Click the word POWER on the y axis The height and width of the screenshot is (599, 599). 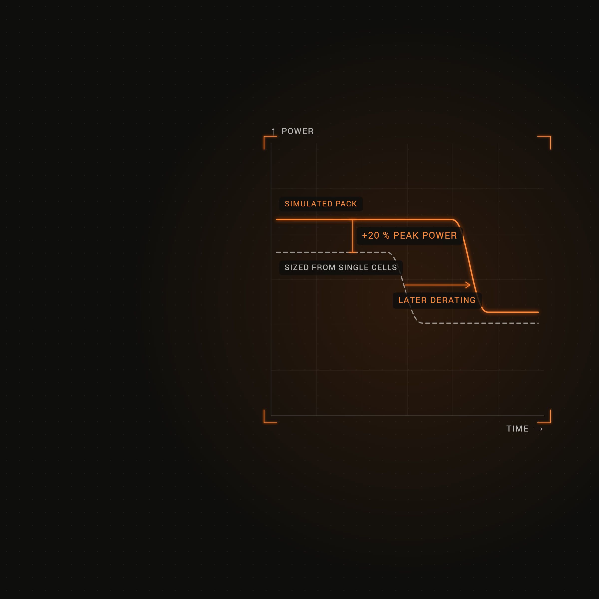click(x=297, y=131)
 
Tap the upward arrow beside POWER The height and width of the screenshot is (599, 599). click(x=273, y=132)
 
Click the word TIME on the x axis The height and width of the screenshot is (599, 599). click(x=517, y=429)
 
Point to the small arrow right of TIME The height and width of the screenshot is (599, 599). click(x=539, y=429)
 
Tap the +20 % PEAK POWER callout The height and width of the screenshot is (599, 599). click(x=410, y=236)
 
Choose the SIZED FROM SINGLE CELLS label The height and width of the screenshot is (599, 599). click(x=341, y=268)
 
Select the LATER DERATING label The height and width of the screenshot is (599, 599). click(x=437, y=300)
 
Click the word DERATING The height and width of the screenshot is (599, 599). click(x=453, y=300)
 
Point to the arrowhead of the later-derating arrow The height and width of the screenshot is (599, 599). click(x=470, y=285)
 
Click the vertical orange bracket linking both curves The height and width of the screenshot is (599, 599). click(x=353, y=236)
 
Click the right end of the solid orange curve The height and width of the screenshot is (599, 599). click(x=538, y=312)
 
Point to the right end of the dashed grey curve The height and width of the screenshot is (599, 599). click(x=538, y=323)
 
